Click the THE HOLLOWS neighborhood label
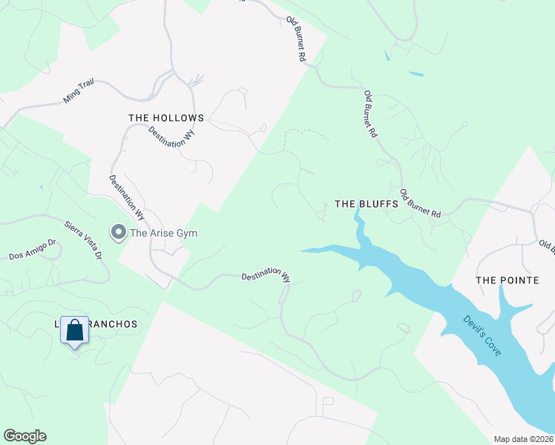tap(165, 118)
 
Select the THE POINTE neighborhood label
tap(505, 280)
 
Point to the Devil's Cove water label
tap(482, 336)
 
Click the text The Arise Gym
tap(164, 233)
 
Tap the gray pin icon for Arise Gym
tap(118, 233)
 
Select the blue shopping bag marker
tap(75, 330)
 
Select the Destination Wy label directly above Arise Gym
tap(126, 197)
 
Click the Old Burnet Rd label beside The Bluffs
tap(421, 204)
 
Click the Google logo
tap(24, 436)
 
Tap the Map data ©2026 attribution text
tap(523, 439)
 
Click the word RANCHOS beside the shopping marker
tap(112, 325)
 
